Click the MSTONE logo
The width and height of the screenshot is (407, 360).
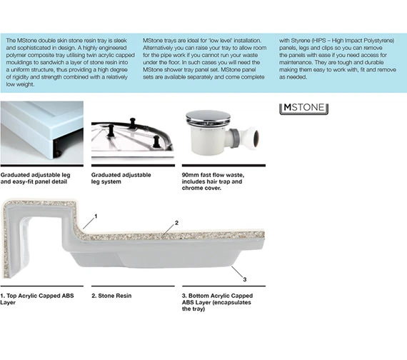point(303,109)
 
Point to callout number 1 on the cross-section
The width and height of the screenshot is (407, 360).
point(96,216)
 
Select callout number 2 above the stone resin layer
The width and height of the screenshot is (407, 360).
point(176,223)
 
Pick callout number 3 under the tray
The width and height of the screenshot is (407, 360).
point(244,279)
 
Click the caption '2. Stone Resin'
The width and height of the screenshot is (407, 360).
point(111,296)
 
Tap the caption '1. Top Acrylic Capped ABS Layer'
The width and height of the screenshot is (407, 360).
point(37,299)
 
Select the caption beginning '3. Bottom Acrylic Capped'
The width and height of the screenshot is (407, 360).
point(217,302)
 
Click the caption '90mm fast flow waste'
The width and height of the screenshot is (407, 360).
point(213,181)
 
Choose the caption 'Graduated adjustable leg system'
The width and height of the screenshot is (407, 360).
point(121,178)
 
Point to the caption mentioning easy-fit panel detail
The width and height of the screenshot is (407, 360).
point(35,178)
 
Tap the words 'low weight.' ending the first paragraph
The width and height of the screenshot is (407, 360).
point(20,84)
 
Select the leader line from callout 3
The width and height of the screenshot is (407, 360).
point(237,271)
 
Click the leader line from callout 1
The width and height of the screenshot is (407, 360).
point(89,224)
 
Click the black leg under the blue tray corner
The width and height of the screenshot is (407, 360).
point(57,148)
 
